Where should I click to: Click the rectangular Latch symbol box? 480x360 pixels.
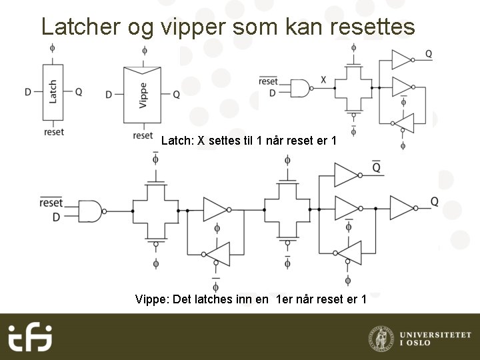(x=53, y=92)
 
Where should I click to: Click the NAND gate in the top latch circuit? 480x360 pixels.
(x=302, y=87)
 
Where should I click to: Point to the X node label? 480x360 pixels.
(x=323, y=80)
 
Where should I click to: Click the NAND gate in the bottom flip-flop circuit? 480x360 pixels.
(x=91, y=210)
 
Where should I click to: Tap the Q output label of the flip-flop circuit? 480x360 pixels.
(x=434, y=201)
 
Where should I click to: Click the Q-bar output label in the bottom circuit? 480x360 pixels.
(x=377, y=168)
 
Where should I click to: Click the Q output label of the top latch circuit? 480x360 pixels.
(x=428, y=53)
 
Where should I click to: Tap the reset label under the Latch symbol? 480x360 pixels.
(x=54, y=132)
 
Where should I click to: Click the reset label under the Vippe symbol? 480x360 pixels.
(x=143, y=135)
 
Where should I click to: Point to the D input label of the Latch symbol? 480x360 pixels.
(x=28, y=92)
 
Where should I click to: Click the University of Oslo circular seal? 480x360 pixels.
(x=380, y=337)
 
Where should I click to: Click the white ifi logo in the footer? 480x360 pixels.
(x=29, y=337)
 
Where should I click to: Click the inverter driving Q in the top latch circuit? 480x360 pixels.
(x=401, y=59)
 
